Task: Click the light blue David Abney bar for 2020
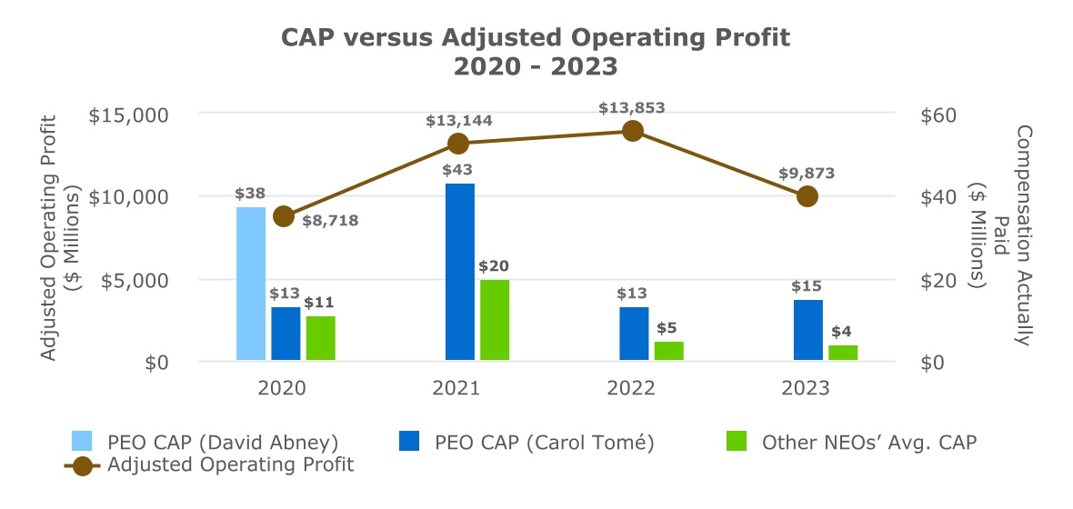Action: [251, 284]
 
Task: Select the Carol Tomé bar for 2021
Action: [460, 272]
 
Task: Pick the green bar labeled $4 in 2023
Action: [843, 353]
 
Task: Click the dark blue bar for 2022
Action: [634, 334]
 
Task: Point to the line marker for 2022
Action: [633, 131]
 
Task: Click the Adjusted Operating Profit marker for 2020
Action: [284, 216]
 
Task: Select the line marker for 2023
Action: [807, 196]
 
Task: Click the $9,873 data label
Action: [807, 174]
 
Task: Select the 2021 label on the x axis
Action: [457, 388]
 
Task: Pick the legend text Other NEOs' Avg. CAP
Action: [868, 443]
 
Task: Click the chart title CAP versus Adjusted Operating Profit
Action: [536, 37]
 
